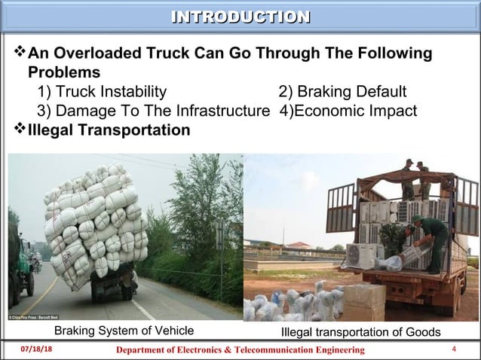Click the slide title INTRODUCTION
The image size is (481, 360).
pyautogui.click(x=240, y=17)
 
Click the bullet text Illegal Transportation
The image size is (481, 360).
pyautogui.click(x=109, y=130)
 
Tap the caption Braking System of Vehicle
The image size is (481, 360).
pyautogui.click(x=124, y=330)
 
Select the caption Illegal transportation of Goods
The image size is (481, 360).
pyautogui.click(x=360, y=332)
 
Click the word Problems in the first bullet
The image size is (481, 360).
pyautogui.click(x=64, y=73)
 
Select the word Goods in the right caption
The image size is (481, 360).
pyautogui.click(x=424, y=332)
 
